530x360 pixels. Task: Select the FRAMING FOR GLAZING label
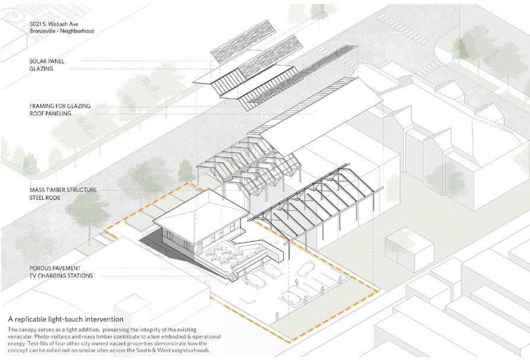60,106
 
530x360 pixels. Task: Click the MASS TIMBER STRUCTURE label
63,190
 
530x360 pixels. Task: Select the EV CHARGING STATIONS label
63,276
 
